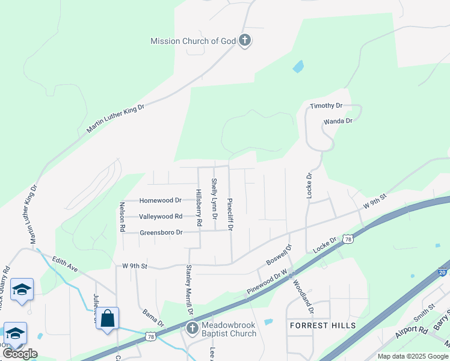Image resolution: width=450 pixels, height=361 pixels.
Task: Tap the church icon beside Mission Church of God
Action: pyautogui.click(x=244, y=41)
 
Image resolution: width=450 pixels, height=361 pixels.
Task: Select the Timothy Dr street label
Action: pyautogui.click(x=326, y=106)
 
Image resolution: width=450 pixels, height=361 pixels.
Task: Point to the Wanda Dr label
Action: pyautogui.click(x=337, y=121)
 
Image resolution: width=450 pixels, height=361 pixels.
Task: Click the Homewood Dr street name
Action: pyautogui.click(x=160, y=200)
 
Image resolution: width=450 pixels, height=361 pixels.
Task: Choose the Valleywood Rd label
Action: pyautogui.click(x=160, y=217)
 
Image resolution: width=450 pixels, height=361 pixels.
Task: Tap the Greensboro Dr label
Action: pyautogui.click(x=161, y=232)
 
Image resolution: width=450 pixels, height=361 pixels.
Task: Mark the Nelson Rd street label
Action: pyautogui.click(x=122, y=213)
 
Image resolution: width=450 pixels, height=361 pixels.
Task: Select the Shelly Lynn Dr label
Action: pyautogui.click(x=214, y=198)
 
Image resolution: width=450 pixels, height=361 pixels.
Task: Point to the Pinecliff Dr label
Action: pyautogui.click(x=229, y=214)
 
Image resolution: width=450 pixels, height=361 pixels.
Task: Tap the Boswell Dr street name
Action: pyautogui.click(x=279, y=255)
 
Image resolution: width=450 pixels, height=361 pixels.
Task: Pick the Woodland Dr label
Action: pyautogui.click(x=303, y=294)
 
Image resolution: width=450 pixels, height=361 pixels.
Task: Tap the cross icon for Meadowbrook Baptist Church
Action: pyautogui.click(x=192, y=329)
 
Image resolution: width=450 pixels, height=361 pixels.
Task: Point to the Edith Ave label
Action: pyautogui.click(x=66, y=264)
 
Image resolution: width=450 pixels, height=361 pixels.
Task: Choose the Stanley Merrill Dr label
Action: pyautogui.click(x=189, y=289)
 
